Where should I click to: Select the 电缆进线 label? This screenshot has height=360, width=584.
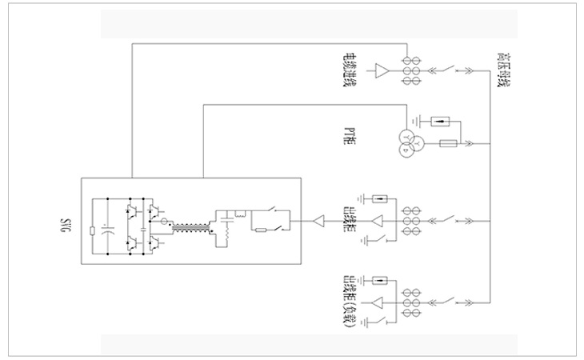pyautogui.click(x=350, y=70)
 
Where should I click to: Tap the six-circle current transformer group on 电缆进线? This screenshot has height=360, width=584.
pyautogui.click(x=410, y=70)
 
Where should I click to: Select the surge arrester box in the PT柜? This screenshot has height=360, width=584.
pyautogui.click(x=438, y=122)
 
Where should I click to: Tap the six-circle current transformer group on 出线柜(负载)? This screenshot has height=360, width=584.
pyautogui.click(x=410, y=303)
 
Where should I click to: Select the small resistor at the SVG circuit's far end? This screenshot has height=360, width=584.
pyautogui.click(x=94, y=232)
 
